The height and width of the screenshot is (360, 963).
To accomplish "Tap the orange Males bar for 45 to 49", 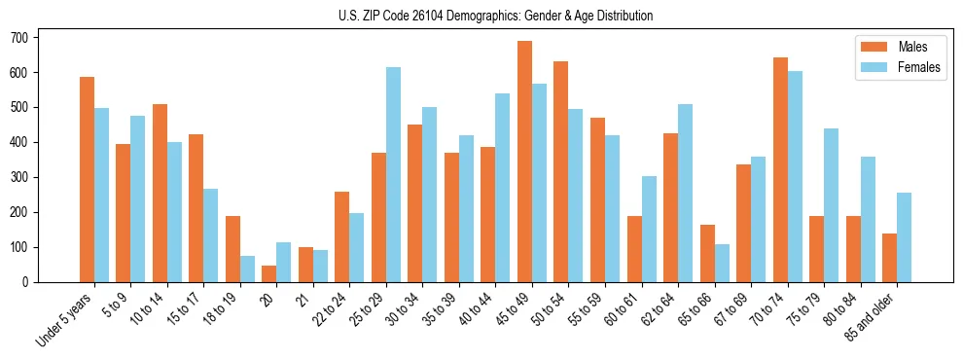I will coord(524,162).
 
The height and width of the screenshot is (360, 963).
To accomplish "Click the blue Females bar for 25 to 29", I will coord(393,175).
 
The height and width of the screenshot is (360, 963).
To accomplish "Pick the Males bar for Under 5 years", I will coord(87,180).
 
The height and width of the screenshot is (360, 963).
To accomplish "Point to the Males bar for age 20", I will coord(268,273).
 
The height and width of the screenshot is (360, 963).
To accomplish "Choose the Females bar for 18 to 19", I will coord(247,270).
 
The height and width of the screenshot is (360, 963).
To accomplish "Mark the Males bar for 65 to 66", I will coord(707,254).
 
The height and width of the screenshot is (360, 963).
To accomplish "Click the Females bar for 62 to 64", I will coord(685,194).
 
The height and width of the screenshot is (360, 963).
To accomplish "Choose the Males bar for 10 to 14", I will coord(160,194).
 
